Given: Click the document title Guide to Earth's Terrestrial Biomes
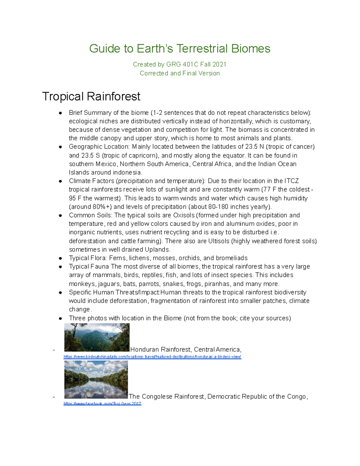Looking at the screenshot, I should click(x=180, y=49).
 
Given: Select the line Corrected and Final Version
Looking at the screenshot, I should click(x=180, y=73).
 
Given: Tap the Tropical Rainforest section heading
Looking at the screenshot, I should click(x=91, y=96).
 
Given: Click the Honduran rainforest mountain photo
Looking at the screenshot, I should click(x=97, y=337).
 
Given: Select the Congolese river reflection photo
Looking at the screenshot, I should click(x=96, y=379).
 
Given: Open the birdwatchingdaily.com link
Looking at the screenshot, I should click(x=152, y=357).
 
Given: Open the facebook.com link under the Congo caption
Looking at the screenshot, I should click(x=102, y=404).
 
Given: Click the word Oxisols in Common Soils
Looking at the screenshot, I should click(x=184, y=215).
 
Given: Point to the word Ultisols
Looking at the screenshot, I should click(x=219, y=241).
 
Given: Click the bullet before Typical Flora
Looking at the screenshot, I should click(x=60, y=258).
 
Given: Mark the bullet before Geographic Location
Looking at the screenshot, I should click(x=60, y=147).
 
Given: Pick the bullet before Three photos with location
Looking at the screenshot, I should click(x=60, y=318).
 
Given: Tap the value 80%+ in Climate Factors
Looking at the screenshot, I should click(x=102, y=207).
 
